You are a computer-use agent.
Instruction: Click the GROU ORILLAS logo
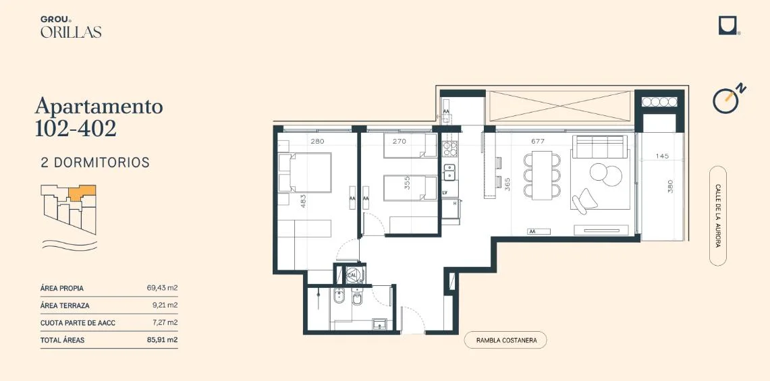(x=71, y=27)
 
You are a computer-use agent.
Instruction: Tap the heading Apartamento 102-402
(x=99, y=117)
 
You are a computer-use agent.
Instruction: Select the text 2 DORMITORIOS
(x=95, y=163)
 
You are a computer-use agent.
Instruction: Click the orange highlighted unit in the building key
(x=82, y=192)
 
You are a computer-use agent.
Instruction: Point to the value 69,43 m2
(x=162, y=288)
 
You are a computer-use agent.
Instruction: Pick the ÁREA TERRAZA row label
(x=65, y=305)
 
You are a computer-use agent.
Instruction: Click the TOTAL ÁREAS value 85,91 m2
(x=162, y=340)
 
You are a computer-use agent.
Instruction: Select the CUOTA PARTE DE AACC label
(x=78, y=323)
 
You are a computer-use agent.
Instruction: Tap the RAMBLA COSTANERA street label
(x=505, y=340)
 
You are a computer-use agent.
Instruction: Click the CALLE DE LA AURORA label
(x=718, y=216)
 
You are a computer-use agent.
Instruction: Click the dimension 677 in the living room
(x=538, y=142)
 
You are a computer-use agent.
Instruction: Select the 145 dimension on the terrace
(x=662, y=156)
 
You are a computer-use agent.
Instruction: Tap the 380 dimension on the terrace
(x=670, y=186)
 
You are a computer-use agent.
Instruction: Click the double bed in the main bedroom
(x=305, y=173)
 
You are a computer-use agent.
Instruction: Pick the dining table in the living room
(x=542, y=175)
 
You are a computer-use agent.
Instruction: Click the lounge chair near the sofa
(x=585, y=201)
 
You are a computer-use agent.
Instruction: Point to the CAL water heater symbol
(x=352, y=275)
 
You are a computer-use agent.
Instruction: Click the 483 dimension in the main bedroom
(x=303, y=202)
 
